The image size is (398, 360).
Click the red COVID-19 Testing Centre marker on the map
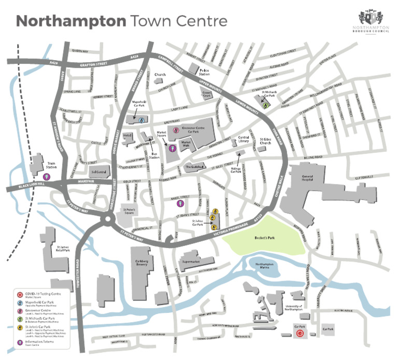tap(300, 335)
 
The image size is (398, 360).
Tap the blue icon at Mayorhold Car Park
tap(141, 119)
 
